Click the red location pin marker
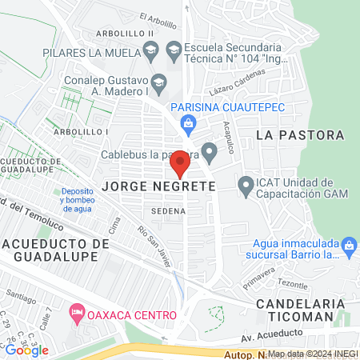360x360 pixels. click(180, 164)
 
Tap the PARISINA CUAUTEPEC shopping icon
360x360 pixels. click(188, 122)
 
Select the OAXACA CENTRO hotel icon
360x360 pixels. click(77, 310)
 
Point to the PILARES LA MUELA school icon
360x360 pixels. click(150, 50)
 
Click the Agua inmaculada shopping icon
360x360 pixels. click(348, 245)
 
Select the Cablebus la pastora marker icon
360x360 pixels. click(209, 150)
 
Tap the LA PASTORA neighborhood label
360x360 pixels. click(300, 135)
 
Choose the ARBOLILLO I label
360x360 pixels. click(81, 130)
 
